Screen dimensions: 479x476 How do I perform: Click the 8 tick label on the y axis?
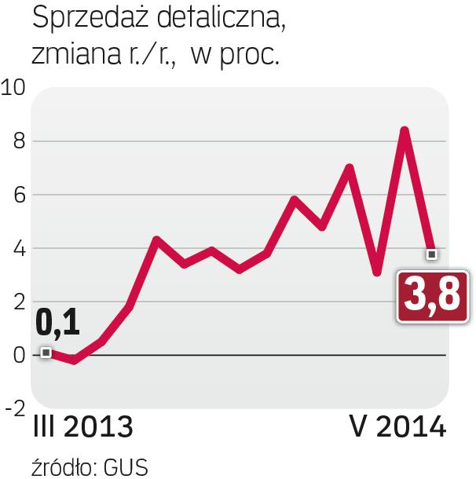[17, 141]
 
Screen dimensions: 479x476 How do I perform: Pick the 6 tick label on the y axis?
[17, 195]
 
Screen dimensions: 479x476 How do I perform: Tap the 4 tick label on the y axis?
[17, 248]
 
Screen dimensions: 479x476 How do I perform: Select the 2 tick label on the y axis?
[17, 302]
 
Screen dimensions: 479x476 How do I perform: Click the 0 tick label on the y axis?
[17, 355]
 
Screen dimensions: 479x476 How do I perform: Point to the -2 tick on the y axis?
[13, 408]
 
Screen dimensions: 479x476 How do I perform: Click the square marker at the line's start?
[46, 353]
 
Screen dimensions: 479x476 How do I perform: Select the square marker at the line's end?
[431, 254]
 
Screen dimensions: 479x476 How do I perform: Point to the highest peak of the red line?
[405, 129]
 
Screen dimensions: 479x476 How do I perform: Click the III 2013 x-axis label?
[82, 429]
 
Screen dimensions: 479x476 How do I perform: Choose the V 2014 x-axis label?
[398, 429]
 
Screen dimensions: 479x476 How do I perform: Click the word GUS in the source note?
[128, 465]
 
